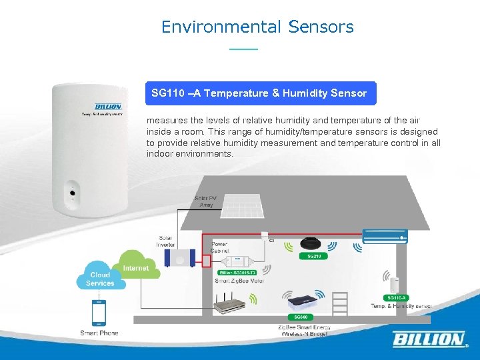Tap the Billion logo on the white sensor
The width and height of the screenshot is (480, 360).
(x=108, y=107)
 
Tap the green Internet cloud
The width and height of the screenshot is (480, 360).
(x=135, y=266)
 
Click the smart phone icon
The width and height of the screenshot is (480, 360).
(x=99, y=313)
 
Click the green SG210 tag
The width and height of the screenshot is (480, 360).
(x=313, y=256)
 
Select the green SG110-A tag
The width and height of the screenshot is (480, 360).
(x=397, y=297)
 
